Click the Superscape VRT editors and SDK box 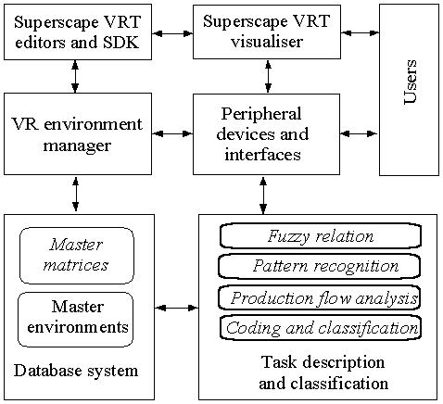(x=78, y=32)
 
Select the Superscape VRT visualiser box (x=267, y=32)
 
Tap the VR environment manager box (x=78, y=134)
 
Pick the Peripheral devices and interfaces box (x=266, y=134)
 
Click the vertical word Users (x=411, y=82)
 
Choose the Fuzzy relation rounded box (x=321, y=236)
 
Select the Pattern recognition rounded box (x=320, y=266)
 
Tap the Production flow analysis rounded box (x=320, y=297)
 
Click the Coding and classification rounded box (x=321, y=328)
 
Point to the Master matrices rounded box (x=77, y=256)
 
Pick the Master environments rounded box (x=76, y=320)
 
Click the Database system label (x=76, y=371)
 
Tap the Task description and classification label (x=323, y=372)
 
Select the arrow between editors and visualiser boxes (x=172, y=33)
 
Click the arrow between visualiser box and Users (x=361, y=32)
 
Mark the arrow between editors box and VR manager (x=75, y=77)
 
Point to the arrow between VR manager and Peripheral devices (x=172, y=133)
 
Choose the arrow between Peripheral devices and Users (x=359, y=133)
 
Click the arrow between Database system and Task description (x=176, y=308)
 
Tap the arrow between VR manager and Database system (x=76, y=195)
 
